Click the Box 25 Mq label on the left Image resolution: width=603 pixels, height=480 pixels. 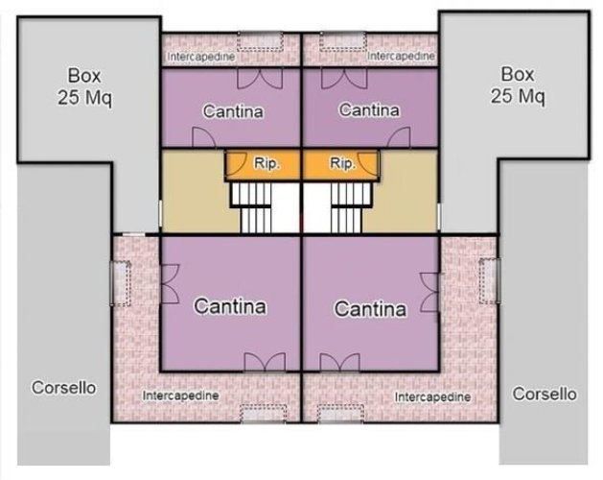click(x=84, y=84)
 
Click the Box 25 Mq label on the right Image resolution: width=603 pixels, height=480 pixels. click(x=519, y=84)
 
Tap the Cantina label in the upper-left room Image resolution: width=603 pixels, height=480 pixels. click(x=232, y=111)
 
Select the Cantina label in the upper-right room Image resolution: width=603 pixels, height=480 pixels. click(x=369, y=110)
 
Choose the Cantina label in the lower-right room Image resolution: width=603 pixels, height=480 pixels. click(x=369, y=309)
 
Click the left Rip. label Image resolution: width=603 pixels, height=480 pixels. click(x=267, y=164)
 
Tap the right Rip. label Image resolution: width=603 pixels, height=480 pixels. click(x=342, y=164)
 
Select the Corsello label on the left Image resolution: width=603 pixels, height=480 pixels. click(x=64, y=389)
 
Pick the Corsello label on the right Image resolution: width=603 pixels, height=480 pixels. click(x=545, y=394)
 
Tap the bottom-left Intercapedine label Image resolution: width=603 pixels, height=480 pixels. click(x=180, y=395)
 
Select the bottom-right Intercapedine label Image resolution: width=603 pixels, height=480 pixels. click(x=432, y=396)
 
